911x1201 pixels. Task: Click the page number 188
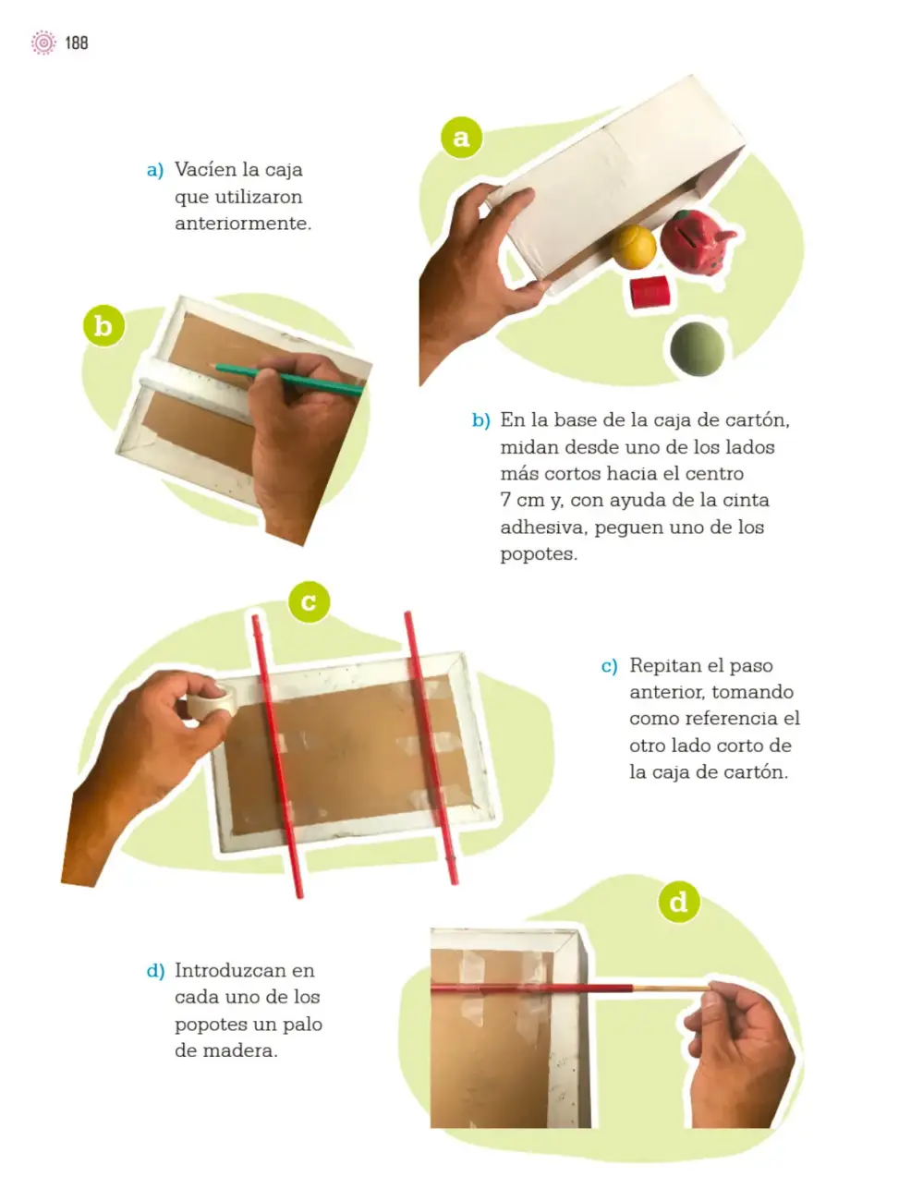click(x=77, y=42)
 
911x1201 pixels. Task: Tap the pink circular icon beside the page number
click(x=43, y=42)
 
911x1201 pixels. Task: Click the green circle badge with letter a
click(x=461, y=138)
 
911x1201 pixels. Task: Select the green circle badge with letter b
click(x=103, y=325)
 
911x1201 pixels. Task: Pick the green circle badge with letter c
click(x=310, y=601)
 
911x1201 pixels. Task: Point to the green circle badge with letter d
click(x=679, y=901)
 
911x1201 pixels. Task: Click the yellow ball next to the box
click(x=633, y=248)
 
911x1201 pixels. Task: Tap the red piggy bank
click(x=697, y=241)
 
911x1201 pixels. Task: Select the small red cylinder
click(x=650, y=292)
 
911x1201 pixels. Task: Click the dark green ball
click(x=698, y=348)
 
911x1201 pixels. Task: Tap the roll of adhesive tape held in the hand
click(x=213, y=699)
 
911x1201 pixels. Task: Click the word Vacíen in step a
click(x=206, y=169)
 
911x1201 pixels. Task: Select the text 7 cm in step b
click(x=521, y=500)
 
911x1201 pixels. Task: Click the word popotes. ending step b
click(x=539, y=553)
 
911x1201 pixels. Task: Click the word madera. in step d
click(x=240, y=1050)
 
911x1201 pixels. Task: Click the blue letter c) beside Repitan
click(x=609, y=666)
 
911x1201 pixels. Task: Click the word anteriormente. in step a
click(x=243, y=224)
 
